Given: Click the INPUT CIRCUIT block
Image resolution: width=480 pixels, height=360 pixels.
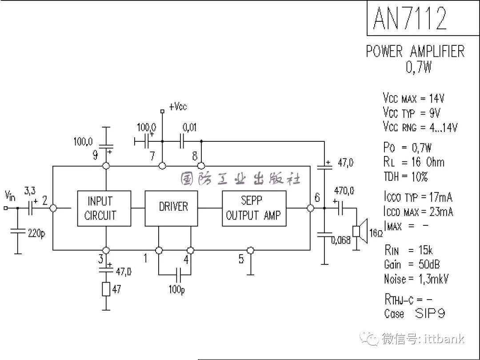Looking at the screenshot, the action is (x=104, y=208).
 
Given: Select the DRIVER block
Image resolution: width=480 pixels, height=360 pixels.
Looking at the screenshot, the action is (x=171, y=208).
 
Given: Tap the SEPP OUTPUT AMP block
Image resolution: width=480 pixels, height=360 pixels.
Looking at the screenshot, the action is (x=254, y=208).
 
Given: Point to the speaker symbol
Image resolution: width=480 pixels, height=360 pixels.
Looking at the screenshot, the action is (x=360, y=231).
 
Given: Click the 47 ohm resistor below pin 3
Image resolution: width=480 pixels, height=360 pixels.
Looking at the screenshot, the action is (x=106, y=289).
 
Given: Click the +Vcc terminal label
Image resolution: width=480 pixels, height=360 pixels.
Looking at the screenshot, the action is (x=178, y=107).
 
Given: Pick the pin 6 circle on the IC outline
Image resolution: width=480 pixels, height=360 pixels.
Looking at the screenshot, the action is (x=310, y=208).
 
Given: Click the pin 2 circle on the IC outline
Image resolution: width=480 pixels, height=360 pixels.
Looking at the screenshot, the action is (x=53, y=208).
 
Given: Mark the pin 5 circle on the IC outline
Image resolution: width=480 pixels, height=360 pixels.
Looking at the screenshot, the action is (x=250, y=250).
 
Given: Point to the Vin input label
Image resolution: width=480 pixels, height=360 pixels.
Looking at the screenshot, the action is (x=10, y=196).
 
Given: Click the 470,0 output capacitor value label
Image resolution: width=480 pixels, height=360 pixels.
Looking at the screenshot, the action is (x=344, y=191).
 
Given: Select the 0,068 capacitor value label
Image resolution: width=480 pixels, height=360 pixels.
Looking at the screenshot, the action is (x=341, y=240).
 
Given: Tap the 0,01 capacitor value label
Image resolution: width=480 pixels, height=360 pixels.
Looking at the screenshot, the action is (x=189, y=127).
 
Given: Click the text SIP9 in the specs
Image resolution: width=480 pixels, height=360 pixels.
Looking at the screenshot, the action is (x=430, y=313).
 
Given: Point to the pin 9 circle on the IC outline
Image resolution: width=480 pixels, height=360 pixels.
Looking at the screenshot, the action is (x=106, y=166).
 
